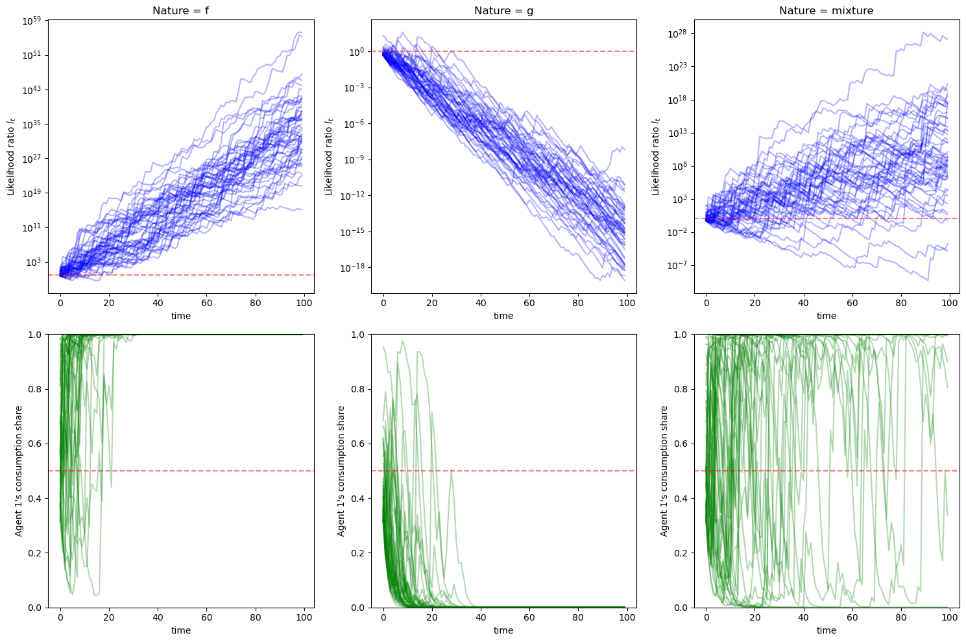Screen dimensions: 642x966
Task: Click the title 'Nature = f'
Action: pos(180,10)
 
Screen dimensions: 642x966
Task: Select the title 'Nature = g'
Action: pos(503,10)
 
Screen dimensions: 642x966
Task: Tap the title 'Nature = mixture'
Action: pos(826,10)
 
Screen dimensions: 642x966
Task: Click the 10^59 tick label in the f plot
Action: pos(32,21)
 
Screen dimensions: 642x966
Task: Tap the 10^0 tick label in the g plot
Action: pos(357,51)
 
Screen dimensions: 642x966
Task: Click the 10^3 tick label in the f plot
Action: pos(35,262)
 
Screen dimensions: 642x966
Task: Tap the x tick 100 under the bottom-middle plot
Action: pos(627,617)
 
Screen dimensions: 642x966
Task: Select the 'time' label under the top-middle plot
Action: pos(503,316)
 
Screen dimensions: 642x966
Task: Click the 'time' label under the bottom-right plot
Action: pos(826,630)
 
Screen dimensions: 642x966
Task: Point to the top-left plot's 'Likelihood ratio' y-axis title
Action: pos(11,156)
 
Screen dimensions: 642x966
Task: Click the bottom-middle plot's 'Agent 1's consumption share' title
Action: pos(341,471)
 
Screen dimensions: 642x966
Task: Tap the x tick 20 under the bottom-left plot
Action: pos(109,617)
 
